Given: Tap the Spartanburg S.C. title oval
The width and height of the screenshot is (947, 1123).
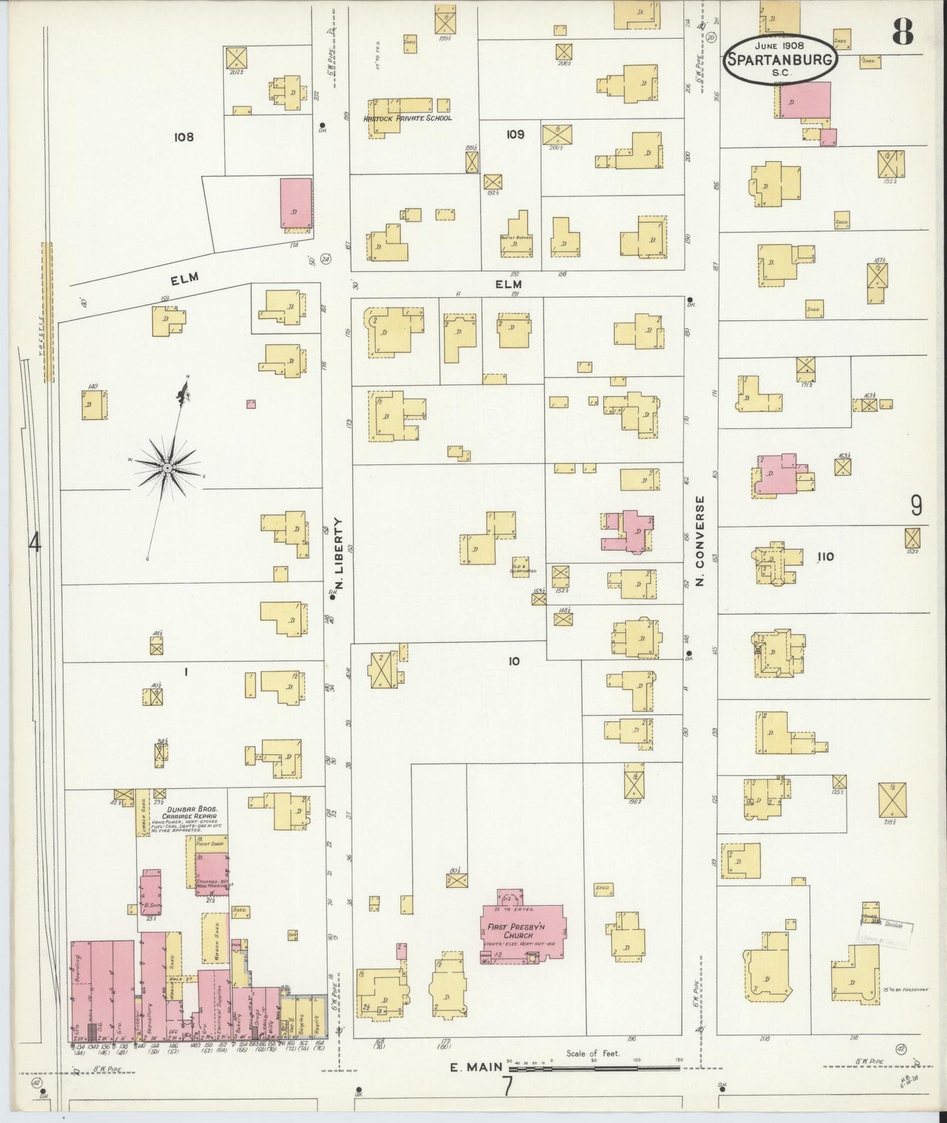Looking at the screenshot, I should click(x=781, y=59).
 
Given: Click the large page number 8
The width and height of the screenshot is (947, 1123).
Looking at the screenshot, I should click(x=903, y=31).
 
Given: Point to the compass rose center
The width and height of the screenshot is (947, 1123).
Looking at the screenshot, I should click(x=168, y=467).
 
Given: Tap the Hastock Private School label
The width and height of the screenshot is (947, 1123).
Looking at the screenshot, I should click(x=407, y=119).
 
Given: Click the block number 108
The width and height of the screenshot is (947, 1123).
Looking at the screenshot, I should click(x=184, y=137).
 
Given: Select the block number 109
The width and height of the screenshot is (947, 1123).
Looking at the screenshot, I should click(x=515, y=134).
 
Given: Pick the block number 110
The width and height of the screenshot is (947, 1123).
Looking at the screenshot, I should click(x=825, y=557).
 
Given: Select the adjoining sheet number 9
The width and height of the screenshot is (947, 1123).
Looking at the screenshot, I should click(x=916, y=506).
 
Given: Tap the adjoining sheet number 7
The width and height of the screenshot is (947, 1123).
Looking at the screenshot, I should click(x=507, y=1086).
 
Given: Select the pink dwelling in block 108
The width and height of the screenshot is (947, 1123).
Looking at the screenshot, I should click(x=296, y=203).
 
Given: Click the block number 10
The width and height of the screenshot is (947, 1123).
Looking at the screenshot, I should click(x=514, y=662).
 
